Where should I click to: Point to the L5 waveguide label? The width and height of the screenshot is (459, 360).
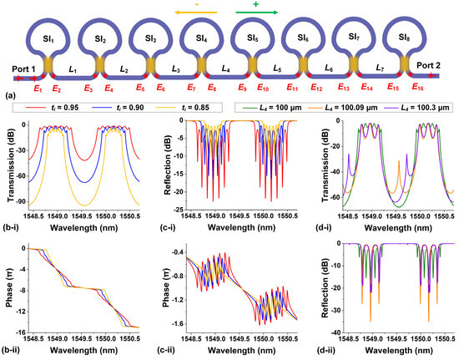point(276,66)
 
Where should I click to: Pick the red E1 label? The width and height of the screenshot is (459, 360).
point(35,88)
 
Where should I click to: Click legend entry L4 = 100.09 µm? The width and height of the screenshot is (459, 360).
point(338,108)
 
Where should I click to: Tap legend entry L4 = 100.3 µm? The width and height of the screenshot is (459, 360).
point(411,108)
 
